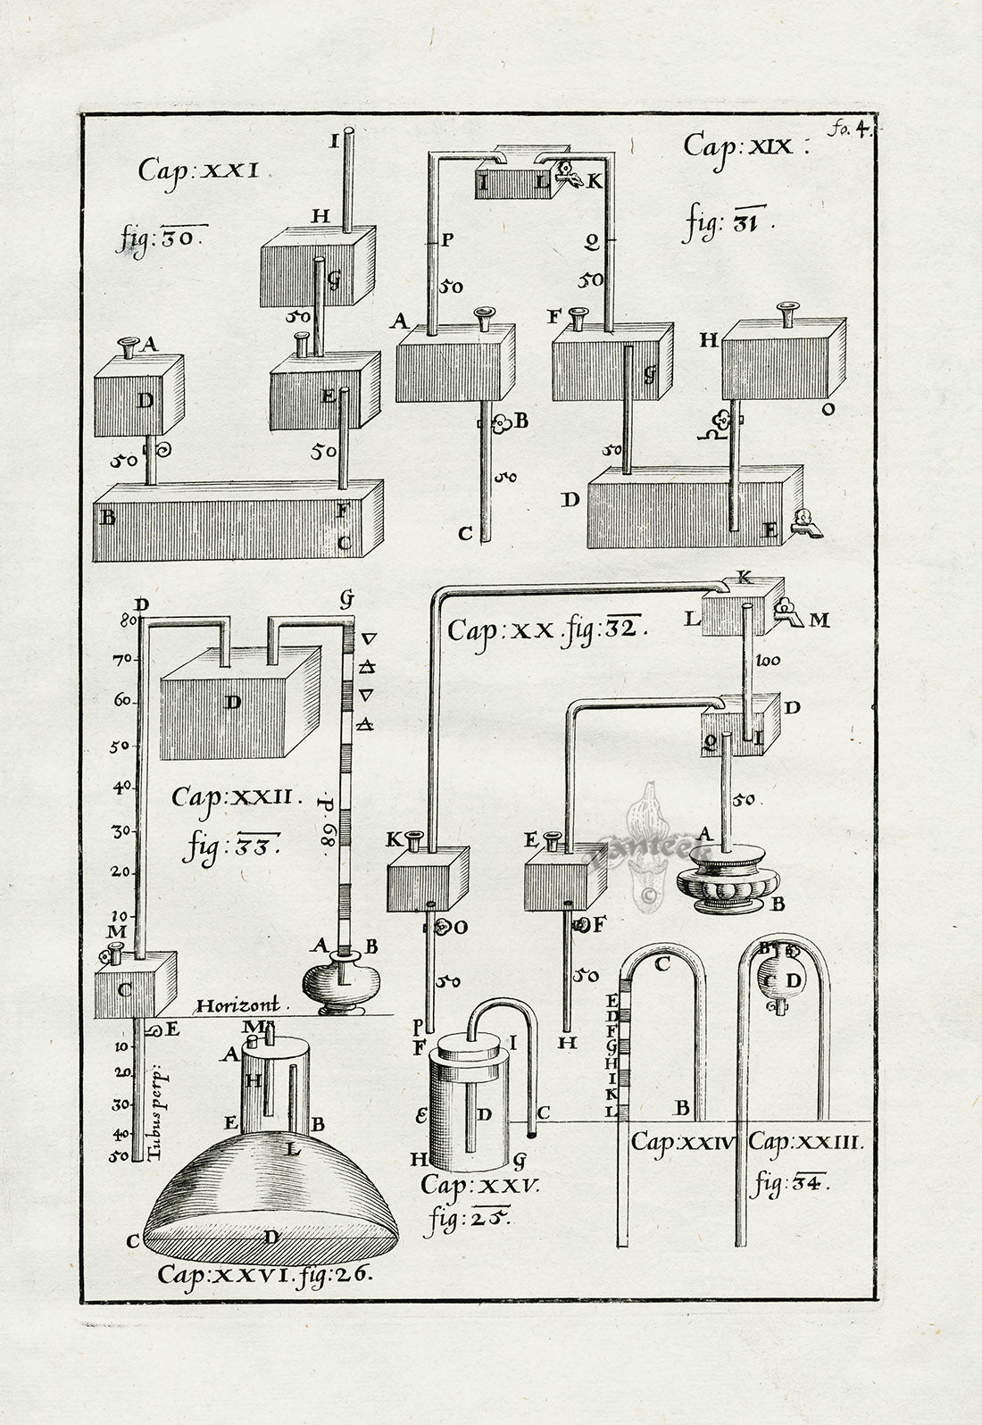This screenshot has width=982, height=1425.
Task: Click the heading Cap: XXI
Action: (198, 170)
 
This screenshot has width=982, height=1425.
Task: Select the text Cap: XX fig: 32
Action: (547, 630)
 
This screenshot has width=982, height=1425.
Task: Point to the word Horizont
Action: (237, 1004)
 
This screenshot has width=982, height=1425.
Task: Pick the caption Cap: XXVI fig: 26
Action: (265, 1274)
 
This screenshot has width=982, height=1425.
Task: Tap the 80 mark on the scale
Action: (124, 617)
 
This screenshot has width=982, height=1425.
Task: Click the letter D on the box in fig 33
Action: (233, 702)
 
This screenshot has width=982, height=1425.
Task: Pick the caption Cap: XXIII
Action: (805, 1141)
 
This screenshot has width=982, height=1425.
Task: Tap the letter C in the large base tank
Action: (344, 542)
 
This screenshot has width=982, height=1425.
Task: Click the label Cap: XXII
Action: (238, 795)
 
